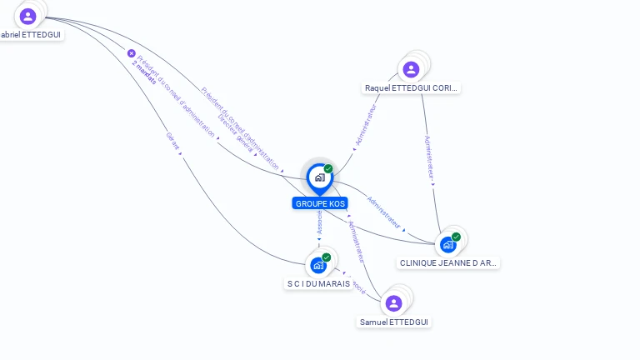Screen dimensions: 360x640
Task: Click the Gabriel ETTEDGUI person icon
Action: click(28, 16)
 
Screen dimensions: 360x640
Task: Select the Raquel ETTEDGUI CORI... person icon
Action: click(410, 70)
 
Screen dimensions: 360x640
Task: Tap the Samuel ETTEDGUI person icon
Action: click(394, 302)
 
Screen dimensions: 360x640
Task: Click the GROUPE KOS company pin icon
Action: click(318, 177)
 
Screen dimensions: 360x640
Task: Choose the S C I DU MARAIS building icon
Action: click(317, 265)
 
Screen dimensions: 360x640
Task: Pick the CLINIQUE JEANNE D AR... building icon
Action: click(448, 244)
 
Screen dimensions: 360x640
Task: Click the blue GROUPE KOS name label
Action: click(320, 203)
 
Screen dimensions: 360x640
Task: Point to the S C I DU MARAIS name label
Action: click(318, 283)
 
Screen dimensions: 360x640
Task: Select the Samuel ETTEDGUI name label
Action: click(395, 322)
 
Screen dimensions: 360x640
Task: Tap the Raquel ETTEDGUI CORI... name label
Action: click(411, 88)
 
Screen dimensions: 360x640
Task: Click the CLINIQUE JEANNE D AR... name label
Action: click(448, 262)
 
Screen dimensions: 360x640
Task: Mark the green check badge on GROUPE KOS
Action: click(328, 168)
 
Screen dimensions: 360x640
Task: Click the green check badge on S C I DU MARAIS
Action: click(327, 257)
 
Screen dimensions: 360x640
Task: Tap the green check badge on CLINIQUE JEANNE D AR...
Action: click(457, 236)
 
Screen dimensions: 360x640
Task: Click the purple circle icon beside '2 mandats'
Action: click(131, 52)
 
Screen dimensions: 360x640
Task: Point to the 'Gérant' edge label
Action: click(172, 141)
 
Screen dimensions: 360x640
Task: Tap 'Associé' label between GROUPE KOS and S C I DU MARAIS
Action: click(320, 222)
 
